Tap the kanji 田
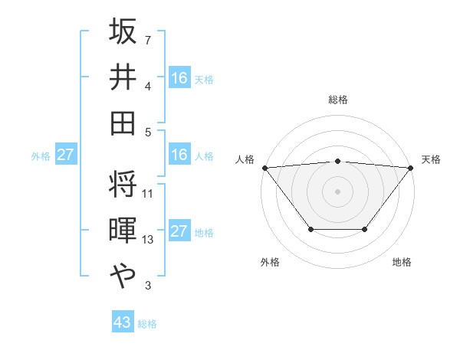click(x=123, y=123)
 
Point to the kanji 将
click(x=123, y=185)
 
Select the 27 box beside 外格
click(x=65, y=155)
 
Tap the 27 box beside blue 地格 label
click(x=179, y=231)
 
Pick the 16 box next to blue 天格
click(x=179, y=78)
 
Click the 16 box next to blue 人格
click(x=179, y=155)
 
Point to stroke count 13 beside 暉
click(x=148, y=241)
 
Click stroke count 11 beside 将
click(x=148, y=194)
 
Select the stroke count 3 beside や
click(x=148, y=286)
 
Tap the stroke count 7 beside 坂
click(x=148, y=41)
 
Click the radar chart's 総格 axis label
click(x=337, y=100)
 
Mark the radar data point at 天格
click(x=411, y=168)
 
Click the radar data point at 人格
click(x=264, y=168)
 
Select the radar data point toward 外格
click(x=310, y=229)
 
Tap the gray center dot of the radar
click(x=337, y=191)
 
